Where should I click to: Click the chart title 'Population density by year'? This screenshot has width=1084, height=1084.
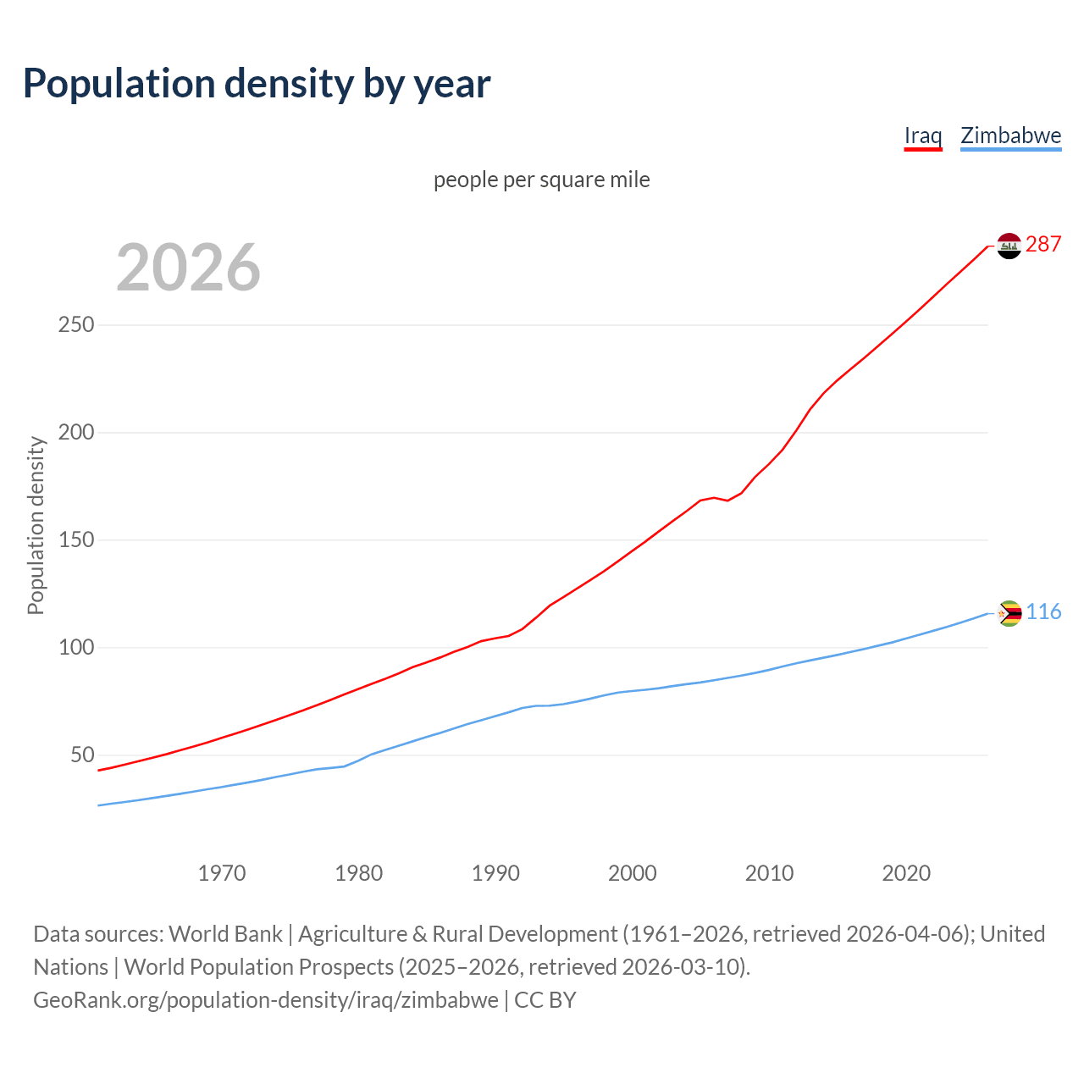click(x=257, y=84)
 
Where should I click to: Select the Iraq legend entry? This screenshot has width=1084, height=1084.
click(x=923, y=135)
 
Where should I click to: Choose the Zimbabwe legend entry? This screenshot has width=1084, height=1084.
click(x=1010, y=135)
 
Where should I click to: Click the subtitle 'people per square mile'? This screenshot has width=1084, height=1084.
click(x=542, y=180)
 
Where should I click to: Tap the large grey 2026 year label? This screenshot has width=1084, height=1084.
click(x=188, y=268)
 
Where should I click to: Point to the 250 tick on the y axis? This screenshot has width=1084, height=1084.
click(x=76, y=325)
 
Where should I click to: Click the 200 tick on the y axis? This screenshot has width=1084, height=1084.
click(x=76, y=433)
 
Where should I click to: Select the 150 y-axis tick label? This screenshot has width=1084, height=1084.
click(x=76, y=540)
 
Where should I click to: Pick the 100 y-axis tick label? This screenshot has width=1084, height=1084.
click(x=76, y=648)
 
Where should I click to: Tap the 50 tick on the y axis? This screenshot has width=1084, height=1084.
click(x=82, y=755)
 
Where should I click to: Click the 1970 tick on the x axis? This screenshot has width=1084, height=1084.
click(x=222, y=873)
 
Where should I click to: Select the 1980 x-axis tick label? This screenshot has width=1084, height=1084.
click(x=359, y=873)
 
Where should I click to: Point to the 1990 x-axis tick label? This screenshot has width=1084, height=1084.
click(x=495, y=873)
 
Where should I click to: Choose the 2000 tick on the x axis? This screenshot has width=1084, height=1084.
click(x=633, y=873)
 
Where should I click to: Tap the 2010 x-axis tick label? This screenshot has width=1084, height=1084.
click(x=769, y=873)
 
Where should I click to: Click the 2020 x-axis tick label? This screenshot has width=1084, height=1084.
click(x=906, y=873)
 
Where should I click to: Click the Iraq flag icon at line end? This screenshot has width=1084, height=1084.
click(x=1009, y=246)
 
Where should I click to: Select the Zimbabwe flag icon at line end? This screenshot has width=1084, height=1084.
click(x=1009, y=613)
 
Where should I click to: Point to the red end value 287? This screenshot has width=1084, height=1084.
click(x=1043, y=245)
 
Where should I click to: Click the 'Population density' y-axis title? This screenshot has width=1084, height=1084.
click(x=36, y=525)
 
